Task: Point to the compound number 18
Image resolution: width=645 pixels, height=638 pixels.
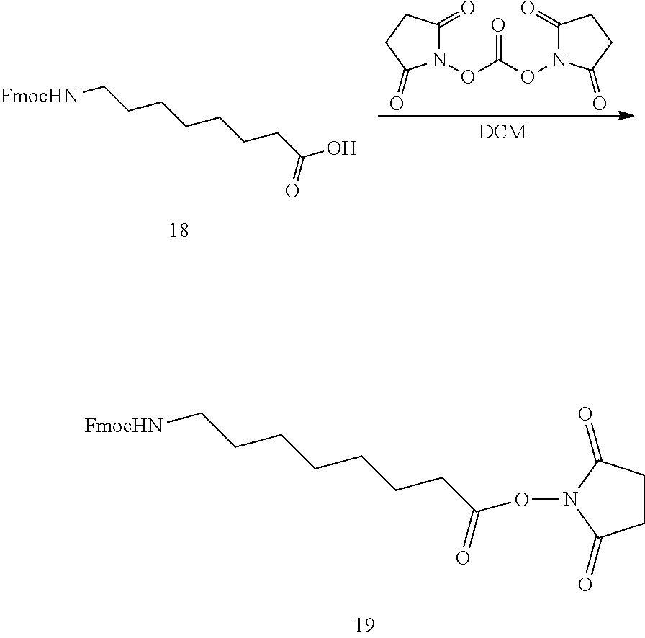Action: (x=178, y=231)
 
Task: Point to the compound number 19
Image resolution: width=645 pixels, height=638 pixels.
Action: (x=365, y=624)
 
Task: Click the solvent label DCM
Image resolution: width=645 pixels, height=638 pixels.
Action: (x=502, y=133)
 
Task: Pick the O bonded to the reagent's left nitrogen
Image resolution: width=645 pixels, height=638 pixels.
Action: (x=468, y=76)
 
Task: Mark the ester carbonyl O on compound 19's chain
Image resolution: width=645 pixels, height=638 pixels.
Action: (x=463, y=558)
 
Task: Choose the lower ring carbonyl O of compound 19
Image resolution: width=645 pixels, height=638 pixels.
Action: (x=585, y=584)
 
